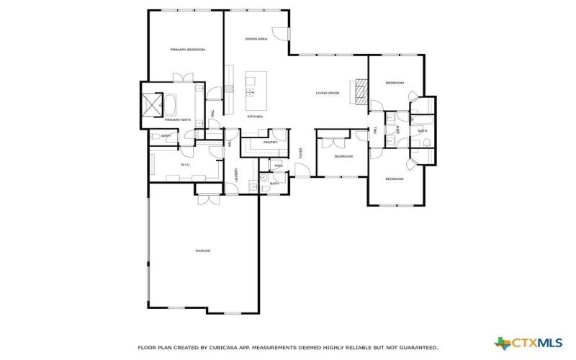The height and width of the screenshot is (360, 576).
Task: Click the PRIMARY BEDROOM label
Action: pos(187,50)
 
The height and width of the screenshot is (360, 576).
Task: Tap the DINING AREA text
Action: pos(256,39)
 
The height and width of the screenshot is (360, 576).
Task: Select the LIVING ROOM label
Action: pos(328,93)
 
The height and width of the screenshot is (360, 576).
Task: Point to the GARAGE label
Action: pos(203,251)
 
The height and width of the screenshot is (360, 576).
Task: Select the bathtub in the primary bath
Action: pos(174,106)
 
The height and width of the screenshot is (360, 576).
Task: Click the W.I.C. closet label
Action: pos(184,165)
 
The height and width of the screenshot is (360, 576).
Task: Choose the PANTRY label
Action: pos(270,143)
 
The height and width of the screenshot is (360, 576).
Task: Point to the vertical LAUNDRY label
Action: pos(236,175)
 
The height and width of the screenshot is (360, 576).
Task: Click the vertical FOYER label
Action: pos(301,153)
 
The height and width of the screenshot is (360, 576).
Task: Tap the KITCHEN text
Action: pos(255,117)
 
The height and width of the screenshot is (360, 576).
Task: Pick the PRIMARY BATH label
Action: pos(177,120)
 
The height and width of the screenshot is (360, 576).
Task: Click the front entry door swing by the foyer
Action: pos(305,170)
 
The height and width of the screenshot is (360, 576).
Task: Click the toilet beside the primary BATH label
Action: pos(155,136)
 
